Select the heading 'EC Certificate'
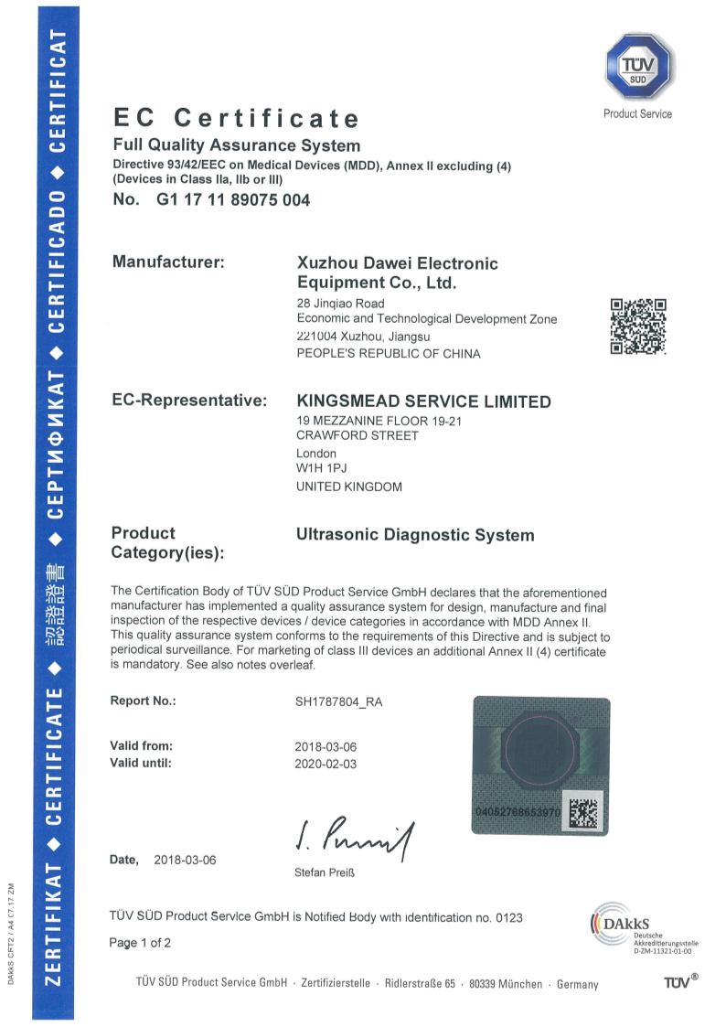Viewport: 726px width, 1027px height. click(236, 118)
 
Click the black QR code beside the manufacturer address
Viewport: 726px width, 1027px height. click(638, 326)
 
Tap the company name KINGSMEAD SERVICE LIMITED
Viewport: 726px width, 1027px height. click(424, 401)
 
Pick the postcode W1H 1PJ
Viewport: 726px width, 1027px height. click(315, 469)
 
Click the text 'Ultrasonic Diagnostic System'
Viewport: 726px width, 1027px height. click(415, 535)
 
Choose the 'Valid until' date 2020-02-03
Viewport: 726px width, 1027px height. click(325, 762)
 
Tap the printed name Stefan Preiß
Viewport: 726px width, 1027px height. click(325, 872)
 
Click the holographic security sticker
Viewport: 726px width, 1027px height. click(539, 765)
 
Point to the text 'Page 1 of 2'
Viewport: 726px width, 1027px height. click(140, 942)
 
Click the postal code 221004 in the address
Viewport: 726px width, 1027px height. click(317, 337)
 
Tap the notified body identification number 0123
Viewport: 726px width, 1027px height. click(508, 916)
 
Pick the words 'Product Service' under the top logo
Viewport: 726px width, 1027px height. click(637, 114)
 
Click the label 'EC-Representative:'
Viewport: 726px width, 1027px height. click(189, 401)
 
